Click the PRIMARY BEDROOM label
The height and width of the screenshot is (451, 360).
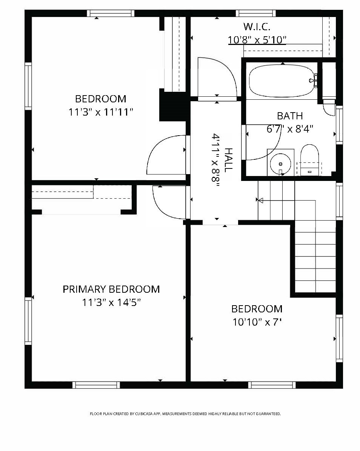111,289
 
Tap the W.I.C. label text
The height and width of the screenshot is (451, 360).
257,27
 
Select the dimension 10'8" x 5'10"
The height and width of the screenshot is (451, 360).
257,40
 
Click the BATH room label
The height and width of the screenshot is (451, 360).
290,116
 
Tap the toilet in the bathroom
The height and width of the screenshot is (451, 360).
310,159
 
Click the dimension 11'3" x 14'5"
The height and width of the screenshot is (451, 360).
111,303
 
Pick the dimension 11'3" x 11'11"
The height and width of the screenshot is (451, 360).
101,112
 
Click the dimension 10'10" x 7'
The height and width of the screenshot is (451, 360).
257,322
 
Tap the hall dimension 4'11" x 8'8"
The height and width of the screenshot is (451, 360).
215,158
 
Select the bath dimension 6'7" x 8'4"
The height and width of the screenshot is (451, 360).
290,129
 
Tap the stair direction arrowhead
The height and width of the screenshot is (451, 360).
260,200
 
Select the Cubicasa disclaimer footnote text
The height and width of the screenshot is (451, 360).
185,414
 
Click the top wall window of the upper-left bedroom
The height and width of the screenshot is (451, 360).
110,13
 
